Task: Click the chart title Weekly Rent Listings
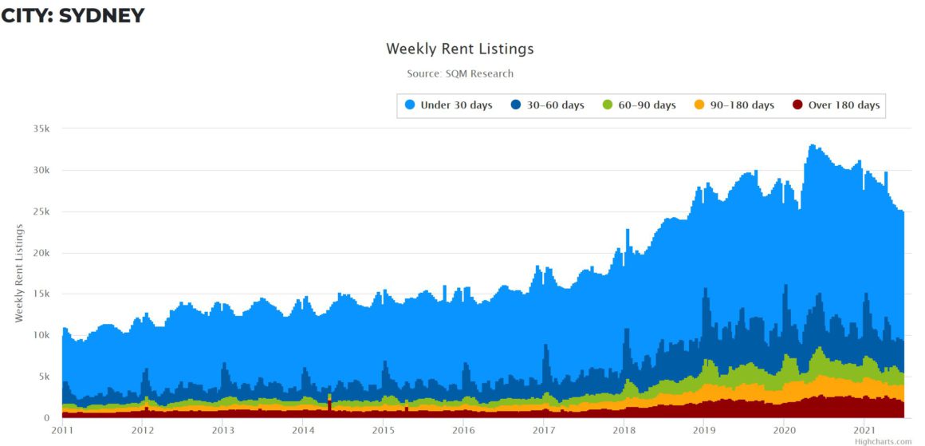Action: coord(460,49)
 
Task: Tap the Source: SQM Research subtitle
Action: coord(460,73)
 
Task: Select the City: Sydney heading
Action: coord(73,15)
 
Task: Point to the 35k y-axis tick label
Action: coord(41,128)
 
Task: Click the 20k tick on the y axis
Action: coord(41,253)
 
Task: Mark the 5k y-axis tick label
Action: coord(43,377)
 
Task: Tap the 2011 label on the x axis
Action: coord(62,430)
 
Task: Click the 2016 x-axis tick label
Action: coord(463,430)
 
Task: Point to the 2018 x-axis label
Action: coord(624,430)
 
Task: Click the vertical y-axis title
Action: coord(19,273)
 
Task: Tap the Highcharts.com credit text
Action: coord(882,441)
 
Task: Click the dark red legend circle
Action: coord(797,105)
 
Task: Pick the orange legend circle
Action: coord(699,105)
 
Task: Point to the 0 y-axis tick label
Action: coord(46,418)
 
